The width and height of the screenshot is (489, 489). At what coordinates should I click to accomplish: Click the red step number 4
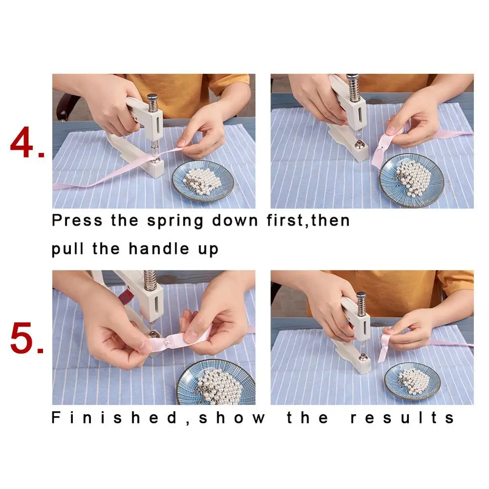tap(27, 142)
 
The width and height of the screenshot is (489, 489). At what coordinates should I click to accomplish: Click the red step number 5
tap(26, 338)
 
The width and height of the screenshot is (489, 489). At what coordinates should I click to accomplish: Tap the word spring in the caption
tap(175, 221)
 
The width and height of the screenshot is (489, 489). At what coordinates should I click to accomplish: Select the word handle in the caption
tap(159, 248)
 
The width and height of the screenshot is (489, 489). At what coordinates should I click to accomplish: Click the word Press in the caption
tap(77, 220)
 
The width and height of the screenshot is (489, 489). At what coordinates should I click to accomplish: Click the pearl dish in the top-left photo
tap(203, 181)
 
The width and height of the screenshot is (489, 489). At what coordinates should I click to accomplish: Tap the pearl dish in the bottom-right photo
tap(412, 381)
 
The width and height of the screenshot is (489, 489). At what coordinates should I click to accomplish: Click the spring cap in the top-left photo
tap(153, 97)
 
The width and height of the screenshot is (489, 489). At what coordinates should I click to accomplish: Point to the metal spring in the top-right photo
tap(354, 89)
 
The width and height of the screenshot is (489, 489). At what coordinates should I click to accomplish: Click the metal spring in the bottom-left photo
tap(150, 279)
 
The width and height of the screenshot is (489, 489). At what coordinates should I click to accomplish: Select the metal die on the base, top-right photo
tap(359, 144)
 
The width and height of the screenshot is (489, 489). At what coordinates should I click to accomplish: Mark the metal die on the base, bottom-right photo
tap(362, 357)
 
